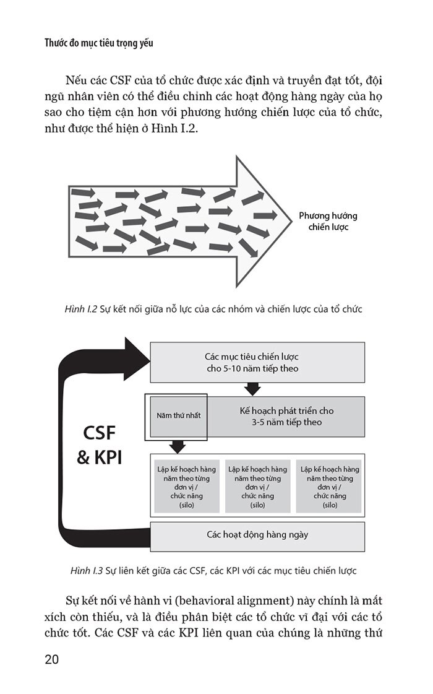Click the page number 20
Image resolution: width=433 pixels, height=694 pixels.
tap(51, 659)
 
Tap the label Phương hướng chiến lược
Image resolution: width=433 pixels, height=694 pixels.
tap(328, 222)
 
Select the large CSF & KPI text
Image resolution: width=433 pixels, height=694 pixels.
tap(99, 445)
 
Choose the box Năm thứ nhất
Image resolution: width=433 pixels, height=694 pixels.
tap(176, 417)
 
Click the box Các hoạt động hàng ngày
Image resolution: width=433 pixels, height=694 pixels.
tap(257, 534)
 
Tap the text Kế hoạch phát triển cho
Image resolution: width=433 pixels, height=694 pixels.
tap(286, 410)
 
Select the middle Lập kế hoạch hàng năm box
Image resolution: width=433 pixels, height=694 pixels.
tap(257, 487)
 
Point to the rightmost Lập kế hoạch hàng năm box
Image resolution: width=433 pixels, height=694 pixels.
tap(330, 487)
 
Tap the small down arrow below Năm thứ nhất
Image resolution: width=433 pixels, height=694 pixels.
tap(178, 446)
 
